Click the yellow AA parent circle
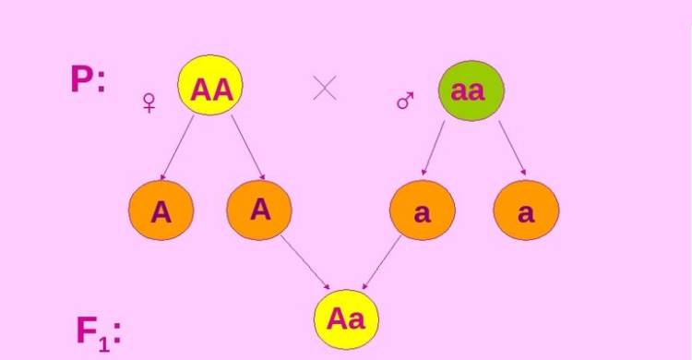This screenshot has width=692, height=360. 210,85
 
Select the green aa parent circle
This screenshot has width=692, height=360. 471,90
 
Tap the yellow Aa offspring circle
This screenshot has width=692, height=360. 346,319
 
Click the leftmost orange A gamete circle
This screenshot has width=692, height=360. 161,210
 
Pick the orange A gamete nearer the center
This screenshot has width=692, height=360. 259,210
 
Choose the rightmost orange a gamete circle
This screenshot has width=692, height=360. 526,210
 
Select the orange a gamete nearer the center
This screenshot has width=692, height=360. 423,210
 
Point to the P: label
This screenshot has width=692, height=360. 89,79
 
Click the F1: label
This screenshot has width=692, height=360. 99,333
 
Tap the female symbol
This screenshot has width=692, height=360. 149,102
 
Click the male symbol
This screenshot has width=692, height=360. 405,101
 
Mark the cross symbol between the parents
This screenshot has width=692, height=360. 325,88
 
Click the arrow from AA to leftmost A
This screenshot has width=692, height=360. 177,148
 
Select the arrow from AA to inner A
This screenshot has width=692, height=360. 248,148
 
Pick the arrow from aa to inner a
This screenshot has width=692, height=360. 433,149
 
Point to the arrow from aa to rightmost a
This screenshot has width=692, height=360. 512,149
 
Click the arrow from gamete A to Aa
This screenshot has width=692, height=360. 305,262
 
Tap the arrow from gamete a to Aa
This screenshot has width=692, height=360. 381,262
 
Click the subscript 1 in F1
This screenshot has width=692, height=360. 103,343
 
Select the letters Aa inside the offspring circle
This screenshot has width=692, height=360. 346,318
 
